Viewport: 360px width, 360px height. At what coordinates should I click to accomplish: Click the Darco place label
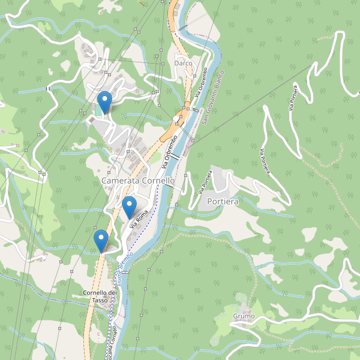(182, 63)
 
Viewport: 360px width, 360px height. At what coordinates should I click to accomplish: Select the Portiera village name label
(223, 202)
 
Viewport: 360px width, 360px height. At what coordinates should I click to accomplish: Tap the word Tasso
(100, 300)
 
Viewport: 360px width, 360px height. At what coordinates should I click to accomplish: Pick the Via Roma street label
(139, 218)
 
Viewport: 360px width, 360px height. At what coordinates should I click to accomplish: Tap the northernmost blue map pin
(105, 101)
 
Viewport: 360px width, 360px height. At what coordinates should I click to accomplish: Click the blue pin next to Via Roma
(129, 206)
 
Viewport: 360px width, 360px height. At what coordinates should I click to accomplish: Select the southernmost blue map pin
(101, 240)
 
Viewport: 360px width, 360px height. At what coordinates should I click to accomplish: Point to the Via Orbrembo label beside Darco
(200, 82)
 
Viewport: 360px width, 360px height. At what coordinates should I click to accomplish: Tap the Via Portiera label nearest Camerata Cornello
(205, 182)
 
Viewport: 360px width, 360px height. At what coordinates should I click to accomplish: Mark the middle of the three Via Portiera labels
(266, 161)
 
